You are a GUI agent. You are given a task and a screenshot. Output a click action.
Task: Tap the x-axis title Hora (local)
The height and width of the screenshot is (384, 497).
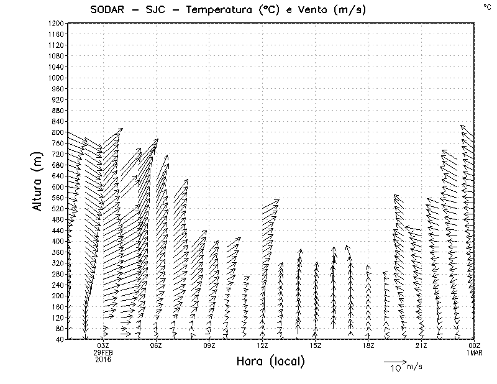[270, 361]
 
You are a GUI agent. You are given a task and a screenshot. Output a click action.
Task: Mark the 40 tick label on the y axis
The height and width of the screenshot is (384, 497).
[60, 339]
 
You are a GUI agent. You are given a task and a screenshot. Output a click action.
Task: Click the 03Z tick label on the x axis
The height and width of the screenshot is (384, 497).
[103, 345]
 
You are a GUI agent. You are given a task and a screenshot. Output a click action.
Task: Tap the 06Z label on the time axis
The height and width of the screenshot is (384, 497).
[156, 345]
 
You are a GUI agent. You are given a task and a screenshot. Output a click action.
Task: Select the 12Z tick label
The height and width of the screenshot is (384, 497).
[262, 345]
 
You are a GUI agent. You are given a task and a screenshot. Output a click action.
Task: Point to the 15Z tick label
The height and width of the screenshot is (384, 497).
[315, 345]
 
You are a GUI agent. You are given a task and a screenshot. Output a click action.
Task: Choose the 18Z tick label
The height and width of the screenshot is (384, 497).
[368, 345]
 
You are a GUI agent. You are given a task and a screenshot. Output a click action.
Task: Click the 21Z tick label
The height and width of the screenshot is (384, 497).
[421, 345]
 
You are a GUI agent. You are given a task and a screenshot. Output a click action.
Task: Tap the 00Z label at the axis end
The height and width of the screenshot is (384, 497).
[475, 345]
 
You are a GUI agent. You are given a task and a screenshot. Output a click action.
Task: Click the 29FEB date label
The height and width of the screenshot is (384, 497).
[103, 352]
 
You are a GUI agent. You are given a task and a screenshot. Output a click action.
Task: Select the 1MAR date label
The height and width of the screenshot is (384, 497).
[475, 352]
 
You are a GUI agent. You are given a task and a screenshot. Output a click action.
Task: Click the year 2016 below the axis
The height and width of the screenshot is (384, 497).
[103, 359]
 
